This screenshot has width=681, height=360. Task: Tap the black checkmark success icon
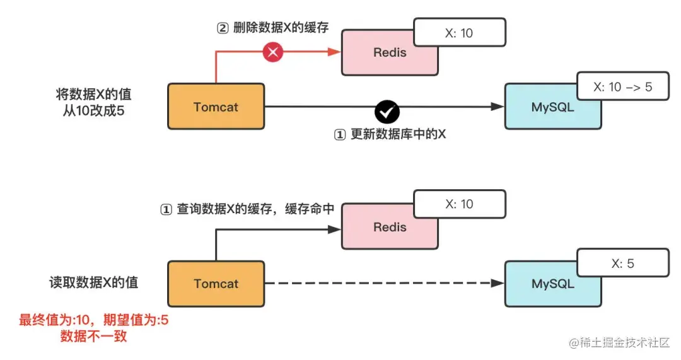pyautogui.click(x=387, y=112)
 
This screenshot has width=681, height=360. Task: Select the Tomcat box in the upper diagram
pyautogui.click(x=216, y=107)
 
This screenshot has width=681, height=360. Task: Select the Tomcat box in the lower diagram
pyautogui.click(x=216, y=284)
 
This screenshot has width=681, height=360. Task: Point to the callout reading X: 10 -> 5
pyautogui.click(x=622, y=88)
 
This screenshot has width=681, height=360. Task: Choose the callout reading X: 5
pyautogui.click(x=622, y=264)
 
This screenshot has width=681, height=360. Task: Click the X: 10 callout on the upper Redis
pyautogui.click(x=459, y=33)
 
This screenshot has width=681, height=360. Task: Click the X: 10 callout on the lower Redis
pyautogui.click(x=459, y=204)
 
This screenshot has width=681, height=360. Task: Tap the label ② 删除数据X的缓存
pyautogui.click(x=272, y=28)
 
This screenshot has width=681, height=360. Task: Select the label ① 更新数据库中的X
pyautogui.click(x=389, y=134)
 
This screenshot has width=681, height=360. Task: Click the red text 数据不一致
pyautogui.click(x=93, y=336)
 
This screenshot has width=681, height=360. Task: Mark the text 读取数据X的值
pyautogui.click(x=93, y=282)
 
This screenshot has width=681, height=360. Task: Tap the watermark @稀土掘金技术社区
pyautogui.click(x=619, y=342)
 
